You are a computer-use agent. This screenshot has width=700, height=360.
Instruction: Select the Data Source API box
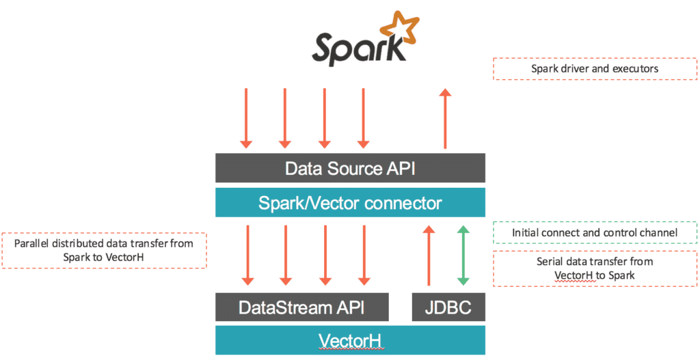tap(350, 168)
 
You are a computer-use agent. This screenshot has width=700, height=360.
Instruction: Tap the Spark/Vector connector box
tap(350, 203)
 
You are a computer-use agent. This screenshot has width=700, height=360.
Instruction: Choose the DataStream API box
tap(301, 307)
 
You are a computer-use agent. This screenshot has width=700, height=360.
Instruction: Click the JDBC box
tap(448, 307)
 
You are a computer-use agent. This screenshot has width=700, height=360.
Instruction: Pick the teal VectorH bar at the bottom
tap(350, 340)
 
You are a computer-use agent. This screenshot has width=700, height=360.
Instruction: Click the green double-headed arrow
tap(463, 255)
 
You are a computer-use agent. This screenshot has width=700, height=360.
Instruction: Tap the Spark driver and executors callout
tap(595, 69)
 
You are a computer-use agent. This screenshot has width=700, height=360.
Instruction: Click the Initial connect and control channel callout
tap(595, 233)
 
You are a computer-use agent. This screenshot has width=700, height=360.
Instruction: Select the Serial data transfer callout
tap(595, 268)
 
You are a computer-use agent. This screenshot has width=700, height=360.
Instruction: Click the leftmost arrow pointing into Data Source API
tap(246, 117)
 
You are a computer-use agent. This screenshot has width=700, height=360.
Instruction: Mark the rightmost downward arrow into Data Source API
tap(364, 117)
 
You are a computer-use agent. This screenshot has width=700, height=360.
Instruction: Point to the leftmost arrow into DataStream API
tap(247, 255)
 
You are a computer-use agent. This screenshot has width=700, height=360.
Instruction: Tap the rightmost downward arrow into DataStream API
tap(364, 255)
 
